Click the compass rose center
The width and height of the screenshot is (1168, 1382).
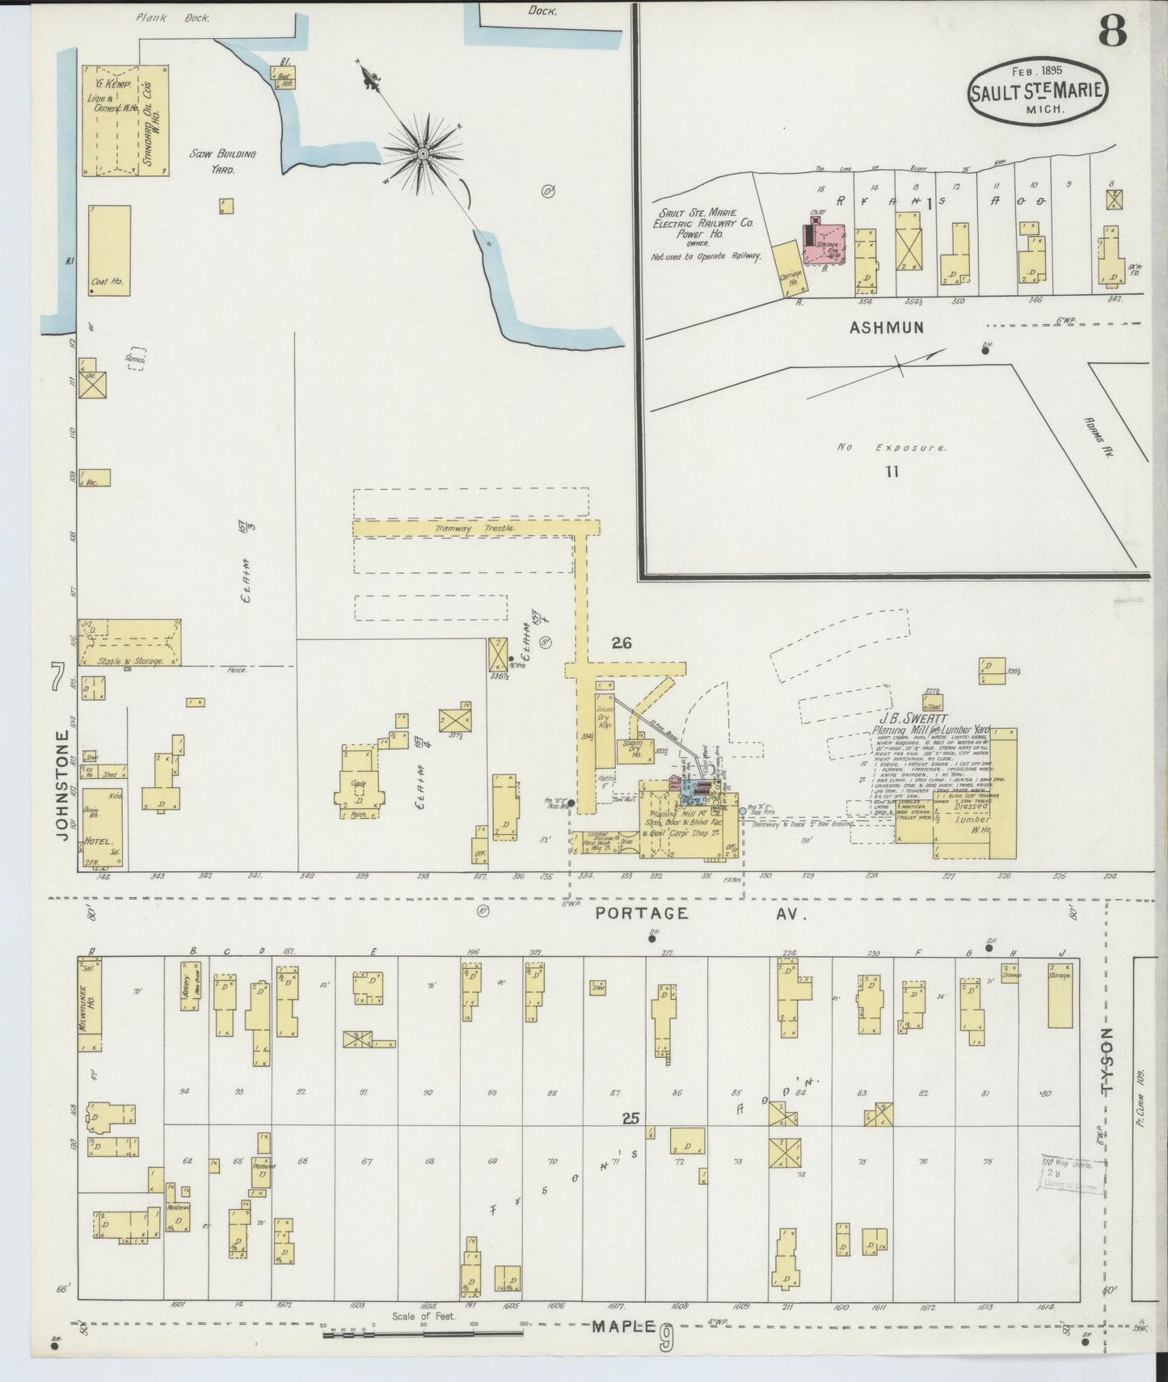pyautogui.click(x=423, y=153)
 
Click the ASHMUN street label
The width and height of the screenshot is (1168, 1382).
pyautogui.click(x=886, y=327)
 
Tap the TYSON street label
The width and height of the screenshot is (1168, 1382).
pyautogui.click(x=1108, y=1061)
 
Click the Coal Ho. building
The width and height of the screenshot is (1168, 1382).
pyautogui.click(x=109, y=250)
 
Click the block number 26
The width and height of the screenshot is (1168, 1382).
pyautogui.click(x=622, y=643)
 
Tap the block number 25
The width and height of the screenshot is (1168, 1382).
pyautogui.click(x=631, y=1119)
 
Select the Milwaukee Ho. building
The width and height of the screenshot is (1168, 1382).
pyautogui.click(x=90, y=1004)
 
